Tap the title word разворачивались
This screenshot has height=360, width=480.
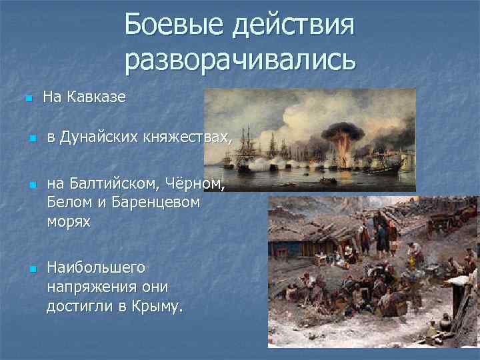240,61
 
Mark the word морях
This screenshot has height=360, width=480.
69,221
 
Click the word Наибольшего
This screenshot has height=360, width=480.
96,267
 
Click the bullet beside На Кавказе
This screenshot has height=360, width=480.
27,99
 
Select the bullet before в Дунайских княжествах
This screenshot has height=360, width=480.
31,139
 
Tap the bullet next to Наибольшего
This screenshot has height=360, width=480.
31,269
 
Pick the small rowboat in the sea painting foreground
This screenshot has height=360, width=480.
326,180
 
